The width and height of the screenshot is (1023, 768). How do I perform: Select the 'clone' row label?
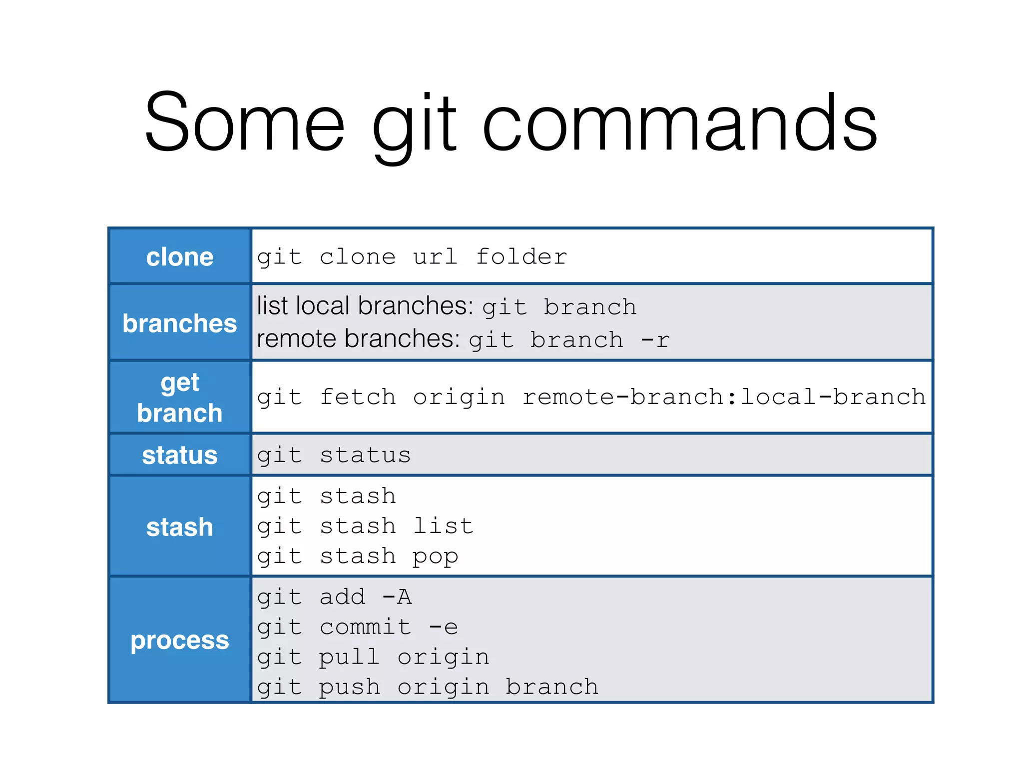tap(180, 257)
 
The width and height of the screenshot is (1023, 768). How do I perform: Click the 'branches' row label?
tap(180, 323)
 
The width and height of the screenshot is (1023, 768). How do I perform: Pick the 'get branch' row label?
tap(180, 397)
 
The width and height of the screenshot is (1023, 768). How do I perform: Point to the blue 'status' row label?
tap(180, 455)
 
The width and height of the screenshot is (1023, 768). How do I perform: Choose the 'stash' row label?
tap(180, 527)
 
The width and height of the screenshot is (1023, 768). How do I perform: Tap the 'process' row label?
tap(180, 640)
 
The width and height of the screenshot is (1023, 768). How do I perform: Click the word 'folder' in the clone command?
tap(521, 257)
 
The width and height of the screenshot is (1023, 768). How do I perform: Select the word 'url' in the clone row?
tap(435, 257)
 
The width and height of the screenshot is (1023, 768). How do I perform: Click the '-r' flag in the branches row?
tap(655, 340)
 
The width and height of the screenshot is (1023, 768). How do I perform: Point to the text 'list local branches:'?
tap(365, 306)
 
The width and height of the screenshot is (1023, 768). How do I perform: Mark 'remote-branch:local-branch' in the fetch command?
tap(724, 397)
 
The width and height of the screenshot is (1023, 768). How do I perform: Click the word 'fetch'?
tap(358, 397)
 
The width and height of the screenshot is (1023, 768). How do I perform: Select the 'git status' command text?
tap(334, 455)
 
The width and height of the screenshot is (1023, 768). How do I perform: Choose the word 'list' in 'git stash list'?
tap(443, 526)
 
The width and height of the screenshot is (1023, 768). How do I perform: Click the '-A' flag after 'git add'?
tap(397, 597)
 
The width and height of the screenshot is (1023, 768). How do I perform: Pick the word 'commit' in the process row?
tap(366, 627)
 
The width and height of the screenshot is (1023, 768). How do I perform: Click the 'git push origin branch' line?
tap(428, 687)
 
